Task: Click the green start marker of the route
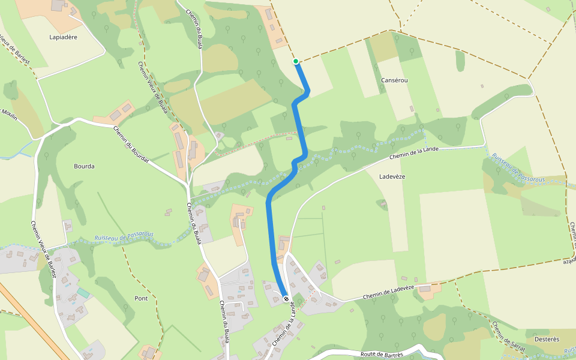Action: click(x=296, y=61)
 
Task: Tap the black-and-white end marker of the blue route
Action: click(x=286, y=298)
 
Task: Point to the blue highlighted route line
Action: click(x=269, y=228)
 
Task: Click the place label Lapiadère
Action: click(x=64, y=37)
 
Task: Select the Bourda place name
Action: click(x=84, y=166)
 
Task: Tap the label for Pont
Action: click(x=141, y=298)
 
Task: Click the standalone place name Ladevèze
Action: click(x=393, y=176)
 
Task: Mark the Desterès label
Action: click(x=547, y=339)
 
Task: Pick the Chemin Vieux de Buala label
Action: click(x=152, y=87)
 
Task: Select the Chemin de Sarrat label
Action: click(x=508, y=337)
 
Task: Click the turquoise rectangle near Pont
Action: click(x=83, y=292)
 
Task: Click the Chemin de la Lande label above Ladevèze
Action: click(x=414, y=152)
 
